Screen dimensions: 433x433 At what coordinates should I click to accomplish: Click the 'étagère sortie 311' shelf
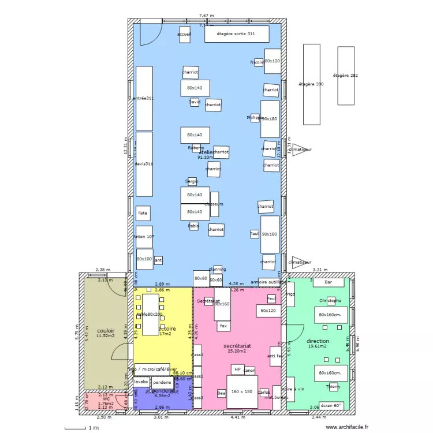[237, 34]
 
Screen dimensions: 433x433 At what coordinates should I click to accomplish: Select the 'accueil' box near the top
[185, 35]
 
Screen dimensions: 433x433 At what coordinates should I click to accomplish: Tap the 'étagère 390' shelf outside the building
[311, 84]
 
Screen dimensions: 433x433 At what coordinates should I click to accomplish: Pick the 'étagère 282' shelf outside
[346, 76]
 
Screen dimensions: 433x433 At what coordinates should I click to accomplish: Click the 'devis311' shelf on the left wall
[144, 164]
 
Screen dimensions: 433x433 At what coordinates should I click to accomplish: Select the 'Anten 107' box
[144, 237]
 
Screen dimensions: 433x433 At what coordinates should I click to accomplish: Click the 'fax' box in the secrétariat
[223, 326]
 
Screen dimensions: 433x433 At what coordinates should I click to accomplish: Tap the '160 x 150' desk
[241, 392]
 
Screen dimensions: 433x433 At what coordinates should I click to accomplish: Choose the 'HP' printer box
[237, 369]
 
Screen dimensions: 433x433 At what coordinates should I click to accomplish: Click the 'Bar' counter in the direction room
[329, 282]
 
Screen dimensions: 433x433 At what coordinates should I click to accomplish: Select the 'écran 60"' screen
[331, 405]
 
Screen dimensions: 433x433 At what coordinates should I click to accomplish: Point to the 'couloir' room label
[106, 331]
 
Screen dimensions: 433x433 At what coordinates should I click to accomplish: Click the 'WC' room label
[106, 398]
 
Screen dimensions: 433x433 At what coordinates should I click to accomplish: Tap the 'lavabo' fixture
[141, 382]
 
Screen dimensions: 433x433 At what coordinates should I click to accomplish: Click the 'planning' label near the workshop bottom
[217, 269]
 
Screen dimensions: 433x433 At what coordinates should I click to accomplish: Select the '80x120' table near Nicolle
[273, 61]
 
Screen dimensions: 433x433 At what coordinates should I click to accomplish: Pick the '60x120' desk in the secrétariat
[268, 311]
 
